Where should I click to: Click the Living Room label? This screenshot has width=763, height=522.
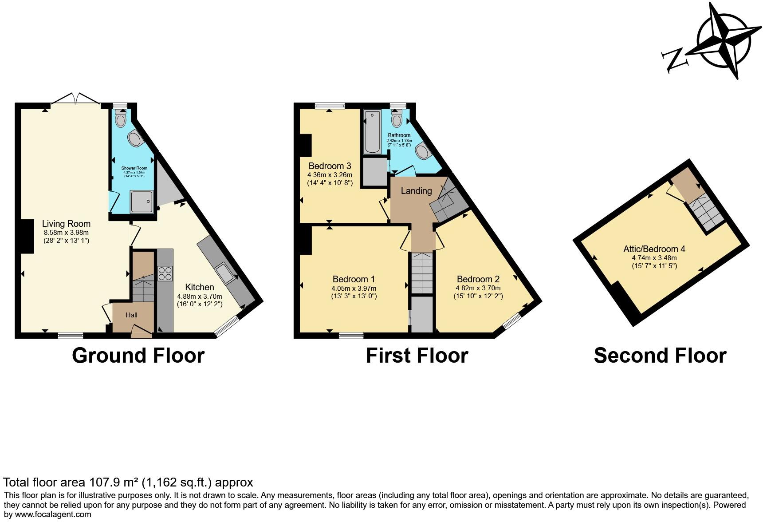coord(66,224)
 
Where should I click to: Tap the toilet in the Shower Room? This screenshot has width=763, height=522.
coord(120,119)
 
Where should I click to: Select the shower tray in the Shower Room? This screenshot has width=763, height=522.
coord(142,202)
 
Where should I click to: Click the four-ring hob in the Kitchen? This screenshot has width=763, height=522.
coord(165,273)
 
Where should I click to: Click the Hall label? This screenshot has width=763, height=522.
coord(131,315)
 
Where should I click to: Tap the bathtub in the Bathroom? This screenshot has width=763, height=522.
coord(372,132)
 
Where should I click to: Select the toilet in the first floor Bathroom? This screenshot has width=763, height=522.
coord(397,120)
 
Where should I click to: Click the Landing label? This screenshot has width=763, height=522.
coord(416,191)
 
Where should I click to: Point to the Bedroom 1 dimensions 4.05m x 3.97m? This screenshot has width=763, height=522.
coord(354,288)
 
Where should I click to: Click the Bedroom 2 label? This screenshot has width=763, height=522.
coord(478,279)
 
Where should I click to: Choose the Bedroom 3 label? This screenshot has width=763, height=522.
coord(330,166)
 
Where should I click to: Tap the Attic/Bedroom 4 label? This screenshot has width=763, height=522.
coord(654,249)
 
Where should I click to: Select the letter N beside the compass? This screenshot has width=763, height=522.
coord(674,61)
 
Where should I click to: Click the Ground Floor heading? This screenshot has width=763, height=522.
coord(138,356)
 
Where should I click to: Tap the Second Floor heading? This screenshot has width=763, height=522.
coord(660,356)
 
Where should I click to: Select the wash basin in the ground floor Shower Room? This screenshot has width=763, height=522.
coord(135,139)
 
